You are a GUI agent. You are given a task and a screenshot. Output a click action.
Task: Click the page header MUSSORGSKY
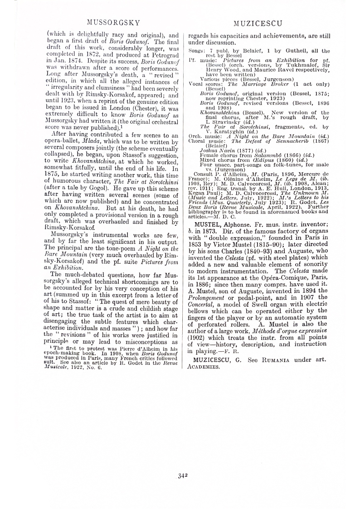113,22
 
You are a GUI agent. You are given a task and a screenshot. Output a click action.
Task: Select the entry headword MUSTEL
208,224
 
